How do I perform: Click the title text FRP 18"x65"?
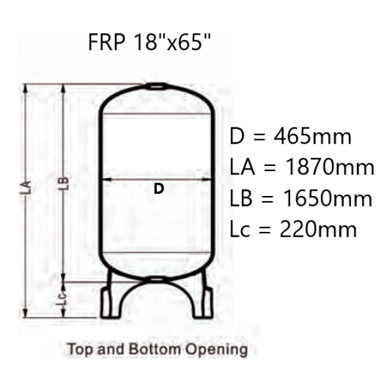coord(150,42)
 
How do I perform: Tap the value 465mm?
coord(313,137)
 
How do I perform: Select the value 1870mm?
coord(329,167)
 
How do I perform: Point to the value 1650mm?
coord(328,199)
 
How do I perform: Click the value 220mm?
coord(318,229)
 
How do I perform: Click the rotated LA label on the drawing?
coord(26,188)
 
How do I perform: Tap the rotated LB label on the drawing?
coord(64,183)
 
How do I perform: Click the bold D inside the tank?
coord(159,189)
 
